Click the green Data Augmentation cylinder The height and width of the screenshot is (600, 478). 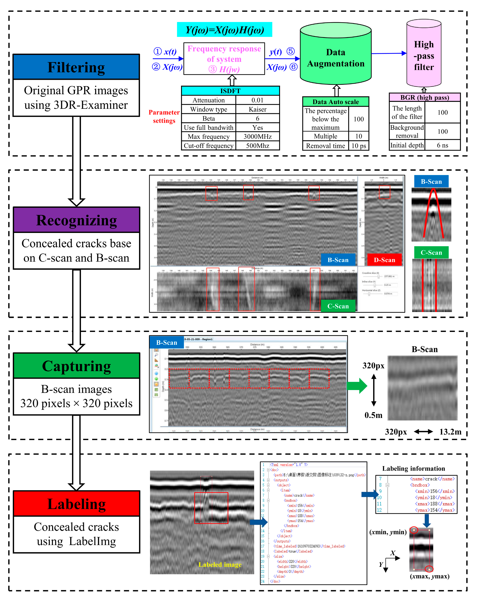pyautogui.click(x=336, y=58)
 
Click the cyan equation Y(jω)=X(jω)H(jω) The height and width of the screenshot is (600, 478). pyautogui.click(x=224, y=30)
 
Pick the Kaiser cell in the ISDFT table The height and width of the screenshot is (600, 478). pyautogui.click(x=257, y=109)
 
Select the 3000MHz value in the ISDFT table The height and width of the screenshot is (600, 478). pyautogui.click(x=257, y=137)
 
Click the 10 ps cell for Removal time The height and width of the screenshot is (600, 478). pyautogui.click(x=358, y=146)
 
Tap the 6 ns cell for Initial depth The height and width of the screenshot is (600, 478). pyautogui.click(x=442, y=145)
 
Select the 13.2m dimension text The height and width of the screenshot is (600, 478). pyautogui.click(x=450, y=432)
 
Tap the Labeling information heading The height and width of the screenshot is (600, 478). pyautogui.click(x=413, y=468)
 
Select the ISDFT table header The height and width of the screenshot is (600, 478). pyautogui.click(x=230, y=91)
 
